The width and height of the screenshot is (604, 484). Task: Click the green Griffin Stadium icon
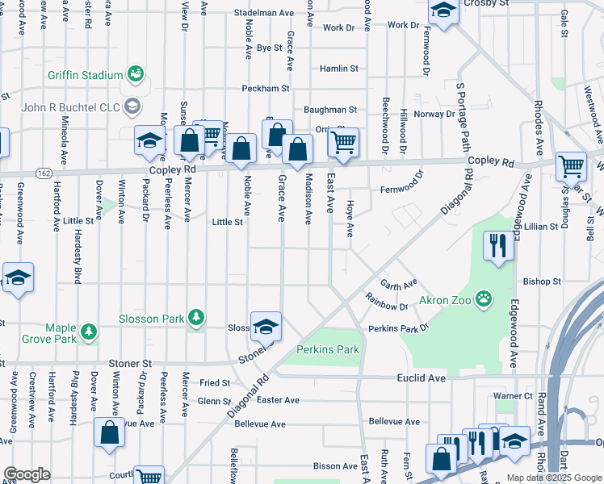tap(136, 75)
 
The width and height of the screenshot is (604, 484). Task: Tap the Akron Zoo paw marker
tap(484, 300)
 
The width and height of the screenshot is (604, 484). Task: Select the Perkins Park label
tap(327, 350)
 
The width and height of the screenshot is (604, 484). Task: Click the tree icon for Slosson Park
tap(195, 319)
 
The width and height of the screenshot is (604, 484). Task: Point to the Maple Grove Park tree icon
tap(88, 330)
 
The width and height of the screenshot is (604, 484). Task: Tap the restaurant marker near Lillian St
tap(498, 244)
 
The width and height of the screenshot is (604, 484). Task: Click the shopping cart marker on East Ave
tap(343, 144)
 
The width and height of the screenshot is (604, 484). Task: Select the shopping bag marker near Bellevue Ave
tap(109, 434)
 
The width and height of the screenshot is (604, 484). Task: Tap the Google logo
tap(27, 474)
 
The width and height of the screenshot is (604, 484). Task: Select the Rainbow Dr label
tap(387, 307)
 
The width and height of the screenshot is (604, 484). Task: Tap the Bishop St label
tap(541, 282)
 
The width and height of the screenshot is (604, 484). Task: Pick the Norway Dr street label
tap(434, 114)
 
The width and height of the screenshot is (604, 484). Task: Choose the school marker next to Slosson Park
tap(266, 327)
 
